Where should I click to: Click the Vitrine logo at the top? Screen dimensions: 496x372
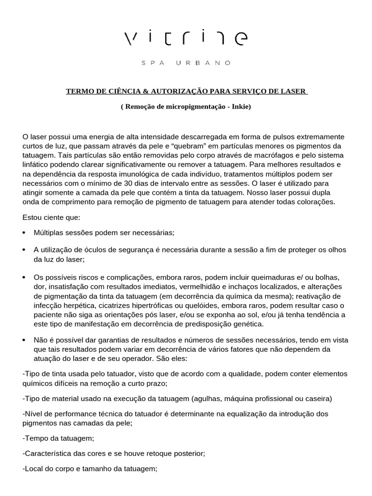(x=186, y=37)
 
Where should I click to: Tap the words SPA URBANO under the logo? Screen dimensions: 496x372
(x=186, y=62)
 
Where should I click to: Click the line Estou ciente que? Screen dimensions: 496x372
(x=52, y=217)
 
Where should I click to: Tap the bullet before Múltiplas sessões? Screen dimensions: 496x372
(x=25, y=233)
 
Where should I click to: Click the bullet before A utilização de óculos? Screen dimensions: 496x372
(x=25, y=249)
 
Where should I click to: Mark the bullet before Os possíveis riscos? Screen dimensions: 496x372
(x=25, y=278)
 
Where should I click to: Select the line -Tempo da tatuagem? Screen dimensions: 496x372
(x=59, y=438)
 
